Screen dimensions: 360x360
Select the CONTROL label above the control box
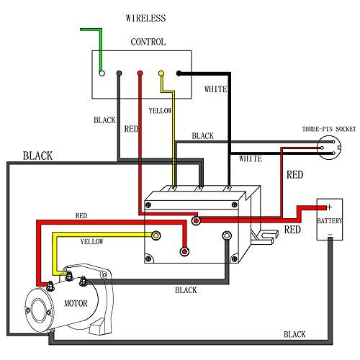tap(148, 42)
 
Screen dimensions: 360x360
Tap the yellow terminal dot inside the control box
tap(161, 73)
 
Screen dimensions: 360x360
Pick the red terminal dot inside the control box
tap(140, 73)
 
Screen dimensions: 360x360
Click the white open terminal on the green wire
tap(102, 73)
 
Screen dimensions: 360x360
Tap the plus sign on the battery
tap(329, 206)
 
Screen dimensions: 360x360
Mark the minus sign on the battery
tap(329, 235)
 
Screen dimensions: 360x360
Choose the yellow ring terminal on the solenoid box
tap(156, 236)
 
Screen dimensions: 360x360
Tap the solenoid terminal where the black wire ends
tap(227, 235)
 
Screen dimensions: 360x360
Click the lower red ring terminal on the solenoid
tap(184, 251)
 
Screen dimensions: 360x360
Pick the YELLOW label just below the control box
tap(161, 111)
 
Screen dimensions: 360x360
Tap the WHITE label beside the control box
tap(216, 89)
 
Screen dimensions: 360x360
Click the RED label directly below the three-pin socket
tap(295, 174)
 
